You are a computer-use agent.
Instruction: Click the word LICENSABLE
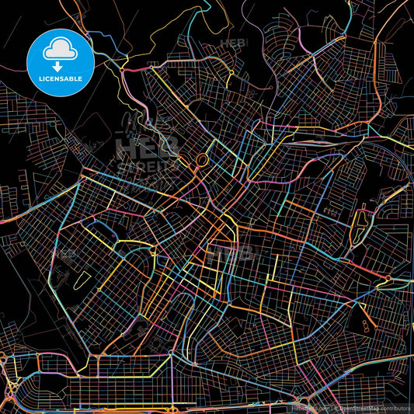(60, 79)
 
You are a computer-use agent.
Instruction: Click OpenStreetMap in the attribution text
(360, 407)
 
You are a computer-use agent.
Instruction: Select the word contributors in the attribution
(395, 407)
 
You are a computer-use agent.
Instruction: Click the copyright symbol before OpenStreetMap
(335, 407)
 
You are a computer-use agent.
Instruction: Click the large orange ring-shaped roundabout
(202, 160)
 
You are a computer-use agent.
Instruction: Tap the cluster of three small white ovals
(364, 318)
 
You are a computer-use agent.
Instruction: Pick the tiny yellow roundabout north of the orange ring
(231, 74)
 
